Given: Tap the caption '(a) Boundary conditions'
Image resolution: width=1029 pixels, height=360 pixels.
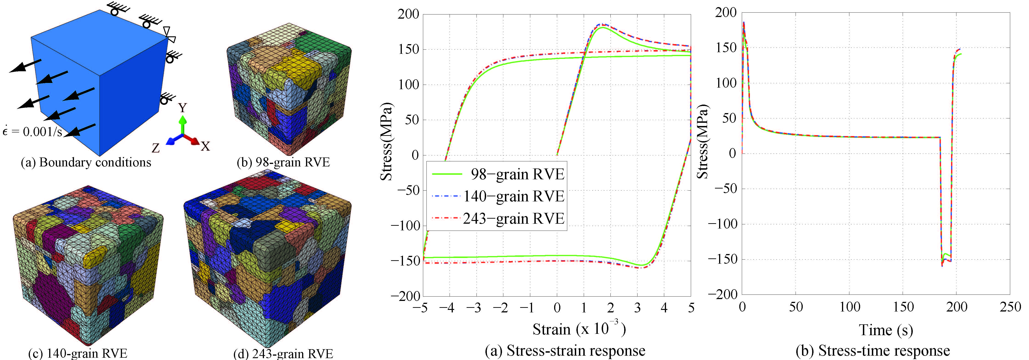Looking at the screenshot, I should tap(86, 162).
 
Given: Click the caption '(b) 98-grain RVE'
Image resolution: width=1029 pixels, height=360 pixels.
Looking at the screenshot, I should tap(283, 162).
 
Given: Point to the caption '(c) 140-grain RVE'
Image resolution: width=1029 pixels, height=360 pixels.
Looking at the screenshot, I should tap(78, 353).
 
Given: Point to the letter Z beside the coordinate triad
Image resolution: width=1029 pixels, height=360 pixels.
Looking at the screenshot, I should tap(156, 148).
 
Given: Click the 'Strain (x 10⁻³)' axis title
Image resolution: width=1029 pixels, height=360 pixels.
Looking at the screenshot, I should tap(579, 329).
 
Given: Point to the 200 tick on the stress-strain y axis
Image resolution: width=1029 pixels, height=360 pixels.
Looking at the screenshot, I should tap(408, 14).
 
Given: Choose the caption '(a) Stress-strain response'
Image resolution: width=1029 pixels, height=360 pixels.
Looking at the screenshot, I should tap(565, 350).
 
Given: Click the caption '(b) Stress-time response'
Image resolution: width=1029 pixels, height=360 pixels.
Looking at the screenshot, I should tap(873, 350).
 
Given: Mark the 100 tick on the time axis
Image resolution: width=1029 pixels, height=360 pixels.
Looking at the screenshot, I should tap(850, 307).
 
